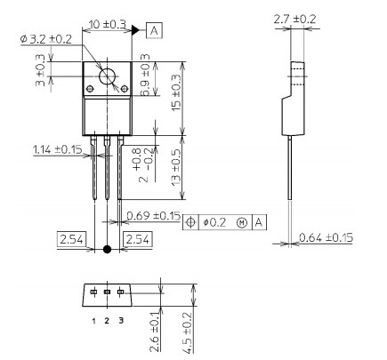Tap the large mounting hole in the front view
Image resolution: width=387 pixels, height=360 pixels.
click(x=108, y=76)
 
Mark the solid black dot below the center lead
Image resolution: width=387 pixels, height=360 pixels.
click(x=108, y=250)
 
